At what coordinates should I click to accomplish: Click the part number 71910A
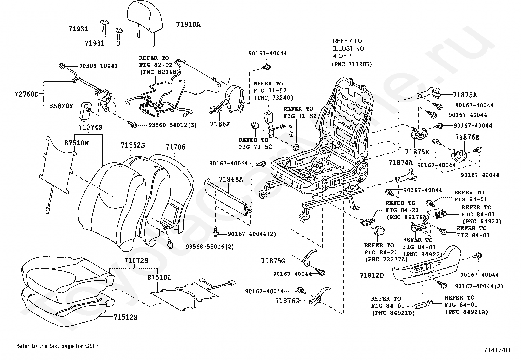pyautogui.click(x=188, y=24)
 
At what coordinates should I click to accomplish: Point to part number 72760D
pyautogui.click(x=27, y=95)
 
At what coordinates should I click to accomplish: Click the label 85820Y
pyautogui.click(x=61, y=106)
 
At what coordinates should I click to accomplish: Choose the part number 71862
pyautogui.click(x=220, y=124)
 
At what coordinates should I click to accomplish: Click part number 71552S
pyautogui.click(x=133, y=145)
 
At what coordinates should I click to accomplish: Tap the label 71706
pyautogui.click(x=175, y=147)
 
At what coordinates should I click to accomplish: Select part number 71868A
pyautogui.click(x=231, y=179)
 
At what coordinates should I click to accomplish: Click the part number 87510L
pyautogui.click(x=159, y=278)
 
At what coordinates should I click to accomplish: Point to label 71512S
pyautogui.click(x=125, y=317)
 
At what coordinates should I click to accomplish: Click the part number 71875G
pyautogui.click(x=273, y=261)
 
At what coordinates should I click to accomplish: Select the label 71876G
pyautogui.click(x=287, y=301)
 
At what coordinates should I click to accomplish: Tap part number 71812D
pyautogui.click(x=371, y=275)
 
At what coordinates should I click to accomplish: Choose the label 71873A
pyautogui.click(x=465, y=95)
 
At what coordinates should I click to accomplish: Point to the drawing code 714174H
pyautogui.click(x=497, y=350)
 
